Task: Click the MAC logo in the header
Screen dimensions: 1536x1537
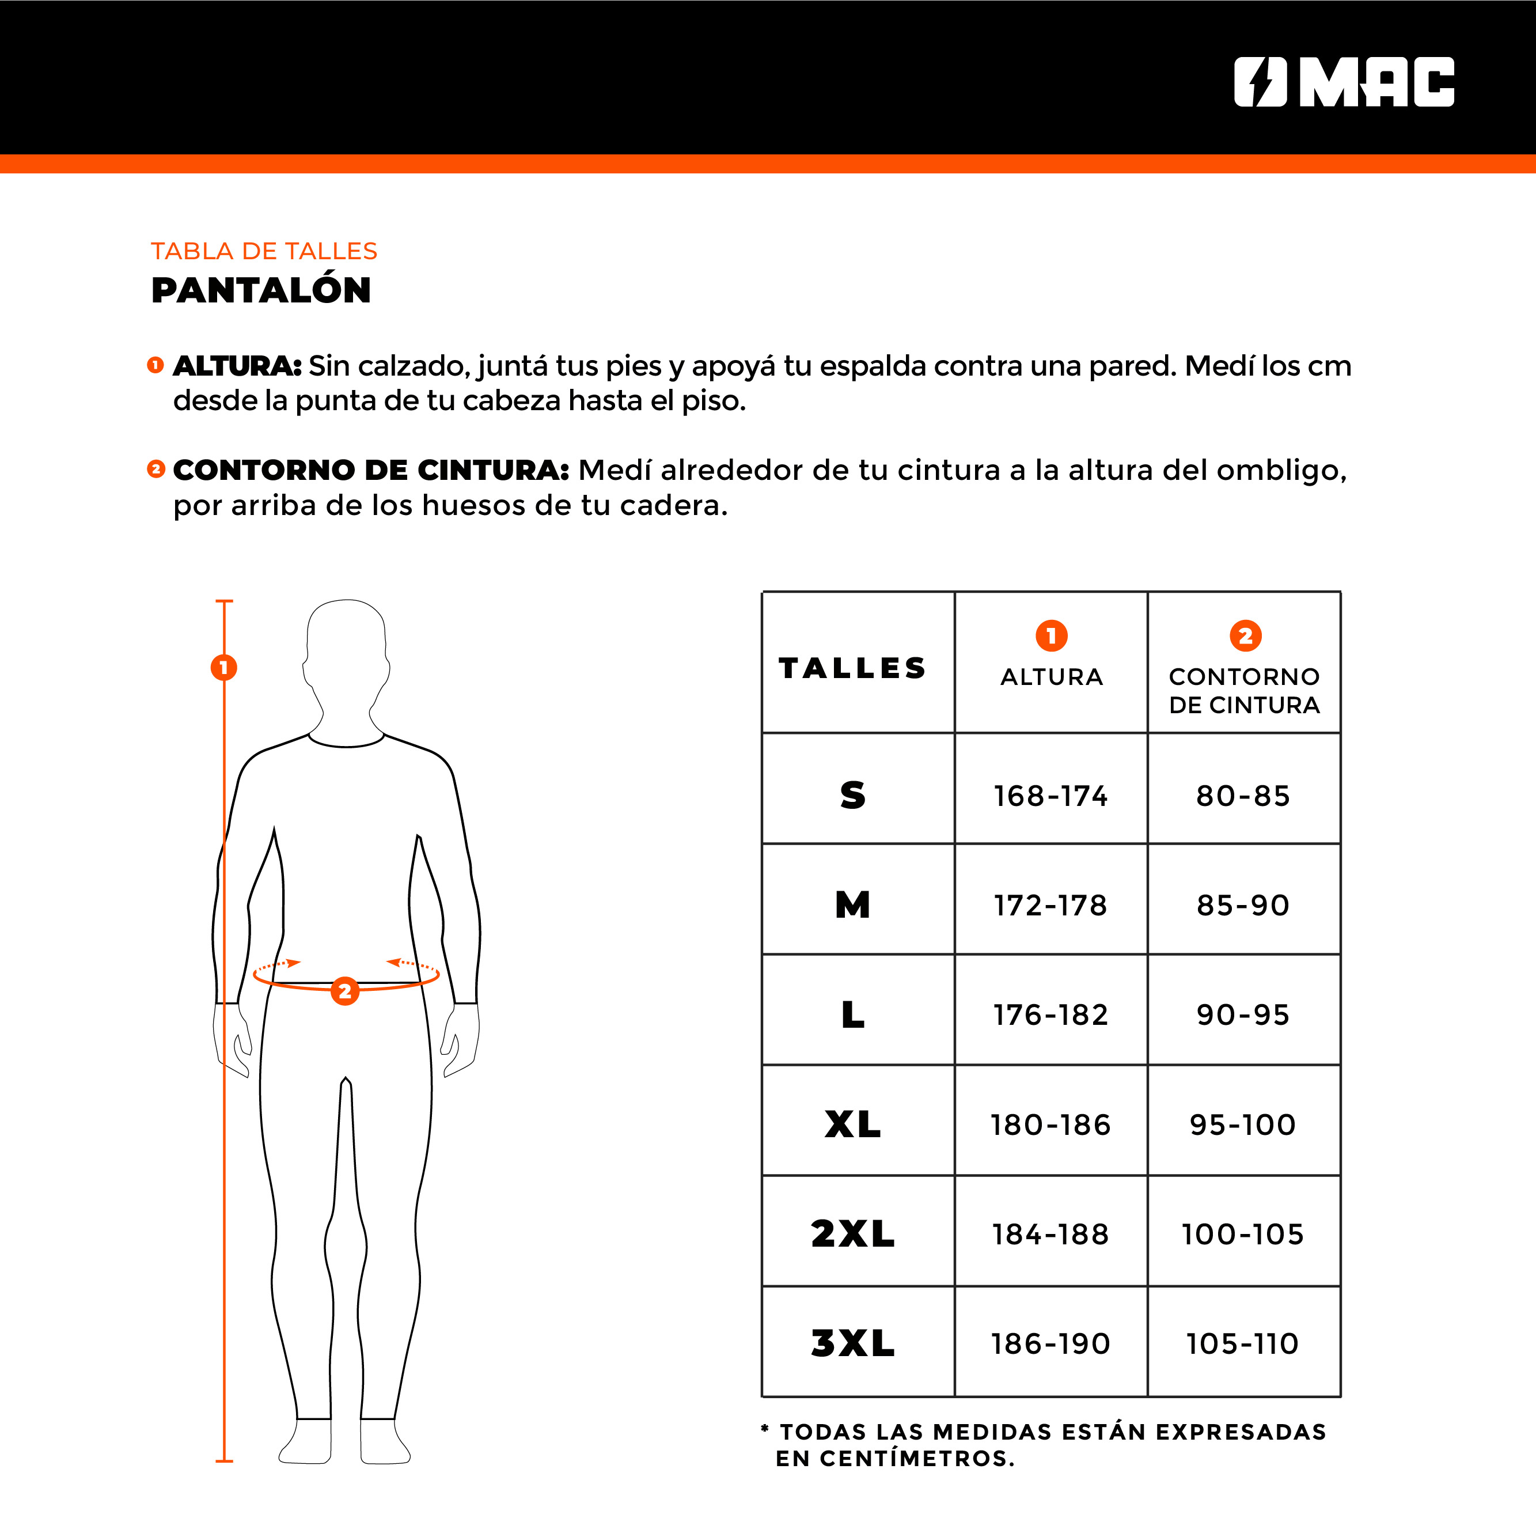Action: click(x=1344, y=82)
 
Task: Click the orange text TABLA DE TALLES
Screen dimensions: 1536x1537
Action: click(x=264, y=251)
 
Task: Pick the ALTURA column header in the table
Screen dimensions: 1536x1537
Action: click(x=1052, y=677)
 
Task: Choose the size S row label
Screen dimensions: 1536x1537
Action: click(x=853, y=795)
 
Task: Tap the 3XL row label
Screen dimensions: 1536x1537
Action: click(x=853, y=1343)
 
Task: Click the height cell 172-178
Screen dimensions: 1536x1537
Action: click(x=1050, y=906)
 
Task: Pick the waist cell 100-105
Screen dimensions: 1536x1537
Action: click(x=1242, y=1235)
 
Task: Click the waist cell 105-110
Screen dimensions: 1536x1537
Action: click(x=1242, y=1343)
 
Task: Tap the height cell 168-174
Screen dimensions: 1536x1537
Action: click(x=1050, y=796)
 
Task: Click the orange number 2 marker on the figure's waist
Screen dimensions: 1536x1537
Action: click(x=344, y=991)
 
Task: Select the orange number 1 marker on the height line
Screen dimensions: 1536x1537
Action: click(x=223, y=667)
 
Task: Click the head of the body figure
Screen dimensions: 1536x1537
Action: click(x=346, y=648)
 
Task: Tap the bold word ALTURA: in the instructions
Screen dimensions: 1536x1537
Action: click(x=237, y=366)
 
